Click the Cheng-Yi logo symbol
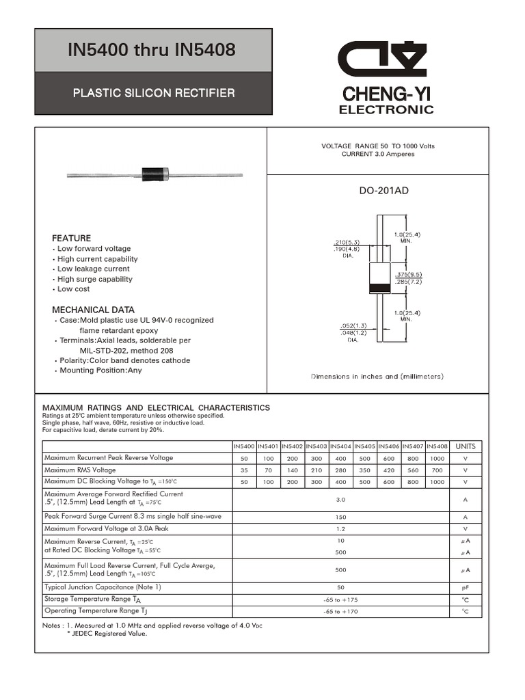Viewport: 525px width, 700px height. [386, 59]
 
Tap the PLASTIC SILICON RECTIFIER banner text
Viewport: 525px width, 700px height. [154, 93]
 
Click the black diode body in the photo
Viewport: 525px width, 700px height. [154, 174]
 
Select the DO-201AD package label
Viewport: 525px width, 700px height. [383, 191]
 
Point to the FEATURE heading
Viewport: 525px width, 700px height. [71, 238]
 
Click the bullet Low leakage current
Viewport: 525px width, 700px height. [93, 269]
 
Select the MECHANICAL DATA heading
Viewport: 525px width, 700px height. [93, 310]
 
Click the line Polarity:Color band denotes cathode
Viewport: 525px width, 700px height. [125, 360]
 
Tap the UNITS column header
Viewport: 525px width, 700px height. [465, 446]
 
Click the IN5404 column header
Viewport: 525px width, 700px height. [340, 446]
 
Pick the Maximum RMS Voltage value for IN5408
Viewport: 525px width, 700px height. [437, 470]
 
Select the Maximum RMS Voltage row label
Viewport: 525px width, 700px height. [80, 470]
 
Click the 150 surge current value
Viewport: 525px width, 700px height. [341, 517]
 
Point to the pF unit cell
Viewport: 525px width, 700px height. [465, 587]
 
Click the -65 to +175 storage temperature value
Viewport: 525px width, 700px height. [341, 600]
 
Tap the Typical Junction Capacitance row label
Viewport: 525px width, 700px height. [103, 587]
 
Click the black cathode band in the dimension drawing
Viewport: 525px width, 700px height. [379, 288]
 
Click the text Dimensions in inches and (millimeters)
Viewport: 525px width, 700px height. [377, 377]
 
